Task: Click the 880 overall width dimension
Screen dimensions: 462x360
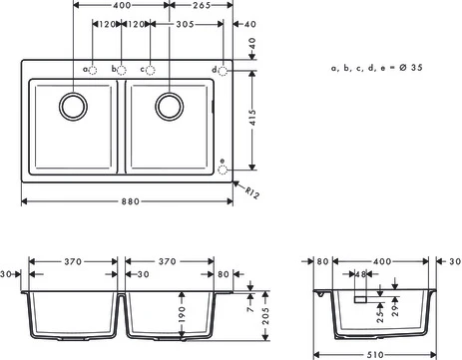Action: (x=130, y=201)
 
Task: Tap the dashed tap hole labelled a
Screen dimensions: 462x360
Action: (x=93, y=70)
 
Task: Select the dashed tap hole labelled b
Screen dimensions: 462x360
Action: (x=122, y=70)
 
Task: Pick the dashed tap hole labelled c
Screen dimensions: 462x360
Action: (x=151, y=70)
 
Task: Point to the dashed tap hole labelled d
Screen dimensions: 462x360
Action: (x=223, y=71)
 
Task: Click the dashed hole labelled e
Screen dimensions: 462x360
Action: (x=223, y=170)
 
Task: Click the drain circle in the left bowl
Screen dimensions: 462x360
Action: (x=74, y=107)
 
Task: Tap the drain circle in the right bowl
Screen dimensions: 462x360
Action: (x=170, y=107)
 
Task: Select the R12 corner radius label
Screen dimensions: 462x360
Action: (x=252, y=192)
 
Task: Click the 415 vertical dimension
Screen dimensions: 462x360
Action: (x=252, y=118)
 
